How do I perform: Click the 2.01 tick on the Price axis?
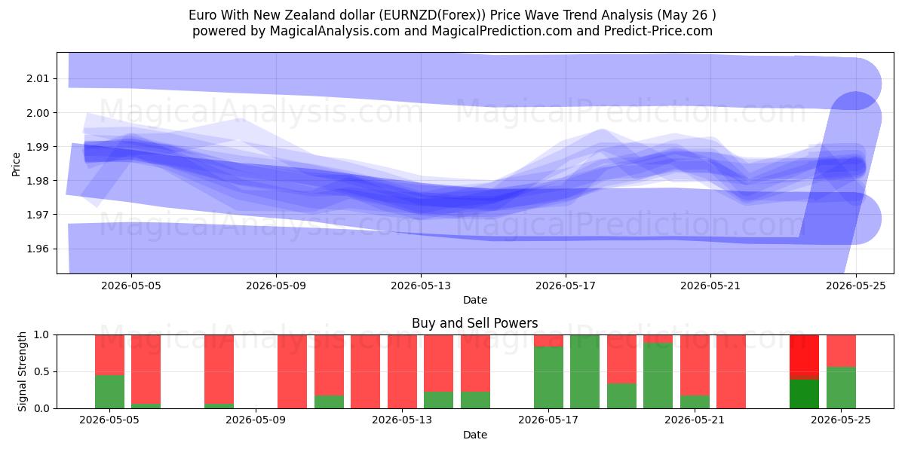[x=38, y=78]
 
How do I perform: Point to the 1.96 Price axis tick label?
[x=38, y=249]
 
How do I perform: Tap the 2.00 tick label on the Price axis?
[x=38, y=112]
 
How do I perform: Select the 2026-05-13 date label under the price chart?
[x=421, y=286]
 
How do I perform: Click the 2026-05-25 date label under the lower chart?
[x=841, y=420]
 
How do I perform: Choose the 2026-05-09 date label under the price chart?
[x=276, y=286]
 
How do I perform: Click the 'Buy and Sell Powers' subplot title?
[x=474, y=323]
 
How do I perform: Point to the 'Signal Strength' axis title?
[x=22, y=371]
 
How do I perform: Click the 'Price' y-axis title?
[x=16, y=164]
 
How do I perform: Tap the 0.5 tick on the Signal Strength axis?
[x=41, y=371]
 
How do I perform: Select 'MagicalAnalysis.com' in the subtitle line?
[x=335, y=31]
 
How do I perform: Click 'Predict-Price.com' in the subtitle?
[x=658, y=31]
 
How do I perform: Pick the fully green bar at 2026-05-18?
[x=584, y=371]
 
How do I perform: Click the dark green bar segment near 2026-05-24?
[x=804, y=394]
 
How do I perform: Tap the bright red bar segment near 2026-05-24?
[x=804, y=356]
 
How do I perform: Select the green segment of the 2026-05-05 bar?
[x=109, y=392]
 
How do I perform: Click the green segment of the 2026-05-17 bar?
[x=548, y=377]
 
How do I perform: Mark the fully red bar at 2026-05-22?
[x=731, y=371]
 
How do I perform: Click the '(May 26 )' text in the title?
[x=686, y=15]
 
